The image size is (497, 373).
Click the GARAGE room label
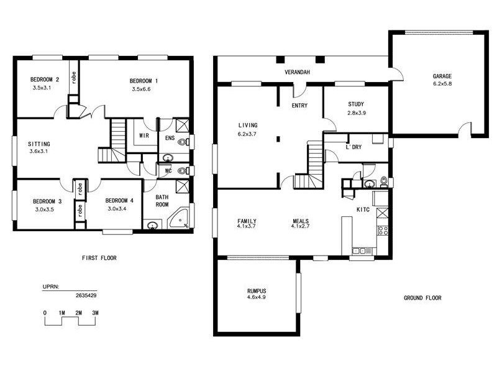point(442,76)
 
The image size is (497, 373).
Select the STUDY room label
point(356,104)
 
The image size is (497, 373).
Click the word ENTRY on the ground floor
point(299,106)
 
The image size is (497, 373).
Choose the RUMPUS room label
point(256,290)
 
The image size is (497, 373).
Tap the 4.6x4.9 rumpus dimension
point(256,298)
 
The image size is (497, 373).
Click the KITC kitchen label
point(363,210)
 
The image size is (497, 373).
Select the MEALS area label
point(301,221)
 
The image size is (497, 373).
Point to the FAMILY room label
point(247,221)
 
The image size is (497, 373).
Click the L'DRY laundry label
point(353,147)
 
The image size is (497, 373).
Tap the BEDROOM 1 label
point(144,81)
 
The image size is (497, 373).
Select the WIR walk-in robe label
point(144,135)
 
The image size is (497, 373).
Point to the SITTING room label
point(39,144)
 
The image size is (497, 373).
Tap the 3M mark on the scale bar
point(95,312)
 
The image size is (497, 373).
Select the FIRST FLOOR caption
point(99,257)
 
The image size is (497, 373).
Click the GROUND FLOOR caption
point(422,298)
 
